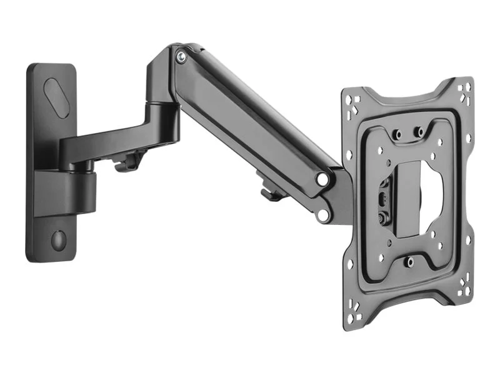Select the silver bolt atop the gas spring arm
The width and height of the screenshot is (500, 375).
tap(181, 56)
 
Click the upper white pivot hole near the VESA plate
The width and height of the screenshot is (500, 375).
tap(322, 179)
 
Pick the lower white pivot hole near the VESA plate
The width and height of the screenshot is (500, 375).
tap(322, 215)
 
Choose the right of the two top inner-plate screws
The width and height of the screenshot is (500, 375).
tap(419, 132)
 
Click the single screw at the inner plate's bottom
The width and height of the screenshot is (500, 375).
tap(410, 262)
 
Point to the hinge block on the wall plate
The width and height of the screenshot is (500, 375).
tap(78, 191)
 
